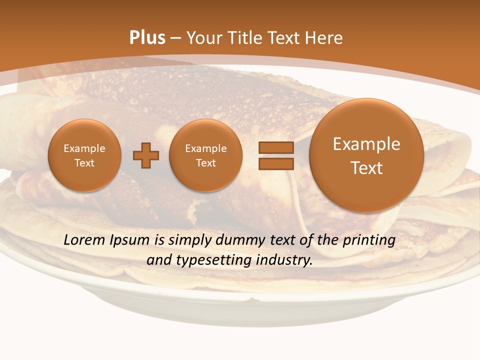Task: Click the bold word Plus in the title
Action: click(147, 38)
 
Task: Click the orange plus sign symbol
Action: click(146, 155)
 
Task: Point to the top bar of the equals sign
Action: click(276, 147)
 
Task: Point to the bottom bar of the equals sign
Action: click(276, 163)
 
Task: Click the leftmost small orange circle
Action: click(84, 155)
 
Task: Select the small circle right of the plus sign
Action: click(206, 155)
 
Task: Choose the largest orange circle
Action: click(366, 155)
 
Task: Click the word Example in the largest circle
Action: click(366, 144)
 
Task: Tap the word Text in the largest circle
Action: click(366, 168)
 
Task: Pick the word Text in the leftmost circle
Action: click(84, 163)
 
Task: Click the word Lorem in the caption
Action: click(84, 240)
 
